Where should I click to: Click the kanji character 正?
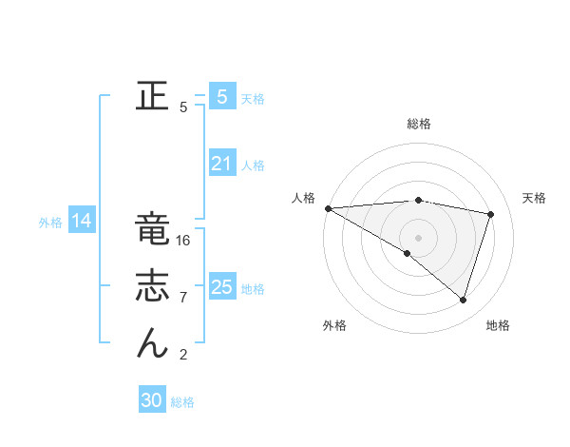tap(152, 96)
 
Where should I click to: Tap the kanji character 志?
tap(152, 286)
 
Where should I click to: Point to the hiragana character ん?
tap(152, 342)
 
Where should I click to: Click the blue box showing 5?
tap(221, 96)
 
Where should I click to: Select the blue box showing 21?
tap(221, 164)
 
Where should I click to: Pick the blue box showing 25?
tap(221, 287)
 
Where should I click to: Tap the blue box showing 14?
tap(82, 222)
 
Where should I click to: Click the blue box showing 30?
tap(152, 400)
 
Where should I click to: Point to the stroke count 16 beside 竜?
tap(184, 241)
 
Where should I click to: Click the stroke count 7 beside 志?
tap(182, 298)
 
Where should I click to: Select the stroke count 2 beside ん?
tap(182, 355)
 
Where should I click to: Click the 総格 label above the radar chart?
tap(418, 124)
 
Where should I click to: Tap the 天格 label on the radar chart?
tap(534, 198)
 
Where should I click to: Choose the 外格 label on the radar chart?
tap(333, 325)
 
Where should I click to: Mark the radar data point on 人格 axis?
tap(328, 207)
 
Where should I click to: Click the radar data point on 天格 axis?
tap(491, 214)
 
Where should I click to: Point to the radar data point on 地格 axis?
tap(463, 300)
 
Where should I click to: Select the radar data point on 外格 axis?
tap(408, 253)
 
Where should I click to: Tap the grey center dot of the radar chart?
tap(418, 237)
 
